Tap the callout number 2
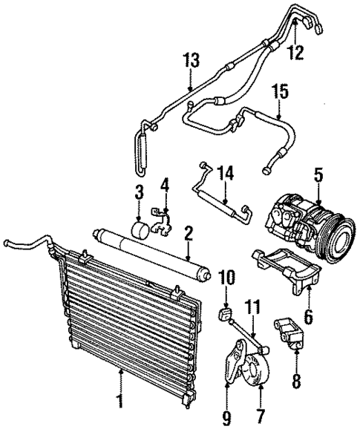point(189,234)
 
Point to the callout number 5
point(318,176)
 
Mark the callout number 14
point(224,174)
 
